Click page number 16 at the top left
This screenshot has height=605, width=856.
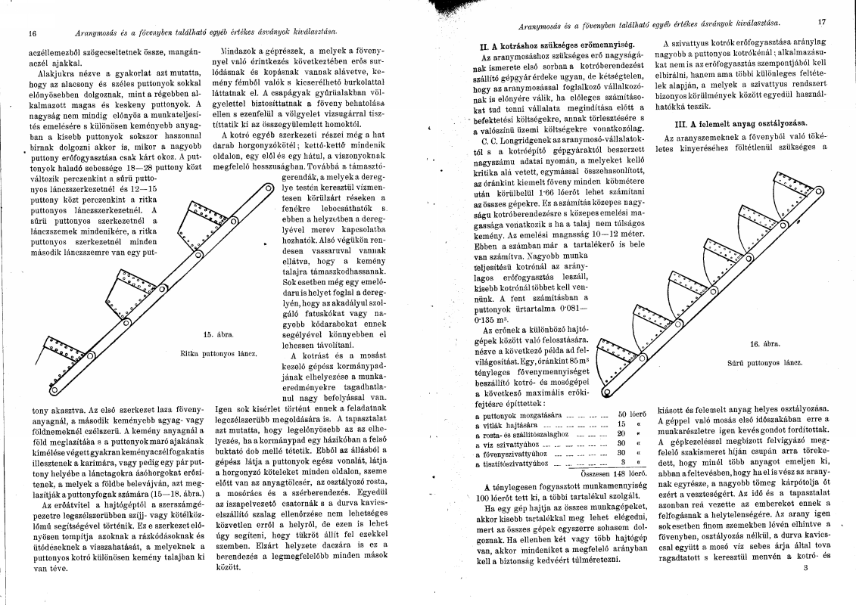click(32, 33)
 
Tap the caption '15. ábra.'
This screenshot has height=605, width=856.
click(219, 334)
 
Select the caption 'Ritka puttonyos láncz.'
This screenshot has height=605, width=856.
click(219, 353)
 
